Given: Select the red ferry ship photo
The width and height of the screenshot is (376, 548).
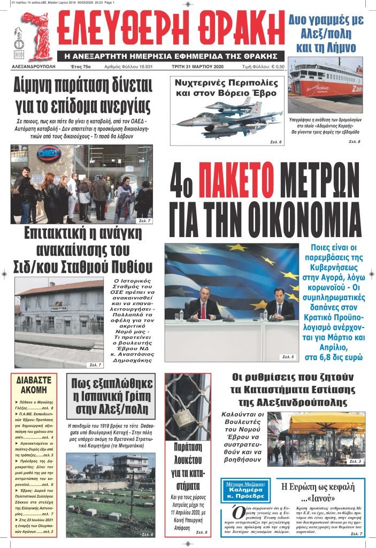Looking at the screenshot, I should [326, 86].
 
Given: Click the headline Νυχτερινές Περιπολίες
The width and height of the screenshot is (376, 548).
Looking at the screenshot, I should [227, 88].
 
